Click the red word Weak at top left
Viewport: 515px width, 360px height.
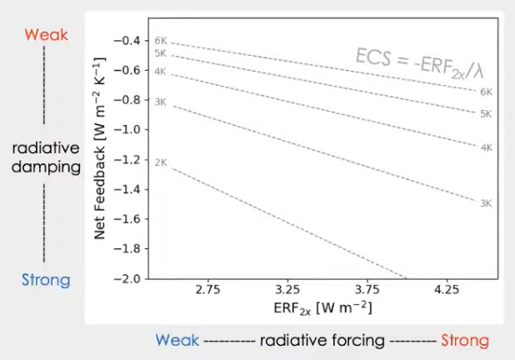(46, 36)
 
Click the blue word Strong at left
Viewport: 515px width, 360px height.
(47, 279)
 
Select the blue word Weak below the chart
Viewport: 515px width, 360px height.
(177, 341)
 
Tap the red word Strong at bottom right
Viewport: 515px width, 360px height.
(465, 341)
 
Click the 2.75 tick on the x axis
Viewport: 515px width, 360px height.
(207, 291)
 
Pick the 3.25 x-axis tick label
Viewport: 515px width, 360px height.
(287, 291)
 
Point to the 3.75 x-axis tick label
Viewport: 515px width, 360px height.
(367, 291)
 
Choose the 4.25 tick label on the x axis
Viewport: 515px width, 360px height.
(447, 291)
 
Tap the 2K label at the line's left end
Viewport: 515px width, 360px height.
(161, 162)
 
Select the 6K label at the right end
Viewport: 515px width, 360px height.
(486, 92)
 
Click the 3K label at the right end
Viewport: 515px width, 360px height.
(486, 203)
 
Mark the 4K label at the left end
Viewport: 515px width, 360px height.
(161, 72)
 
